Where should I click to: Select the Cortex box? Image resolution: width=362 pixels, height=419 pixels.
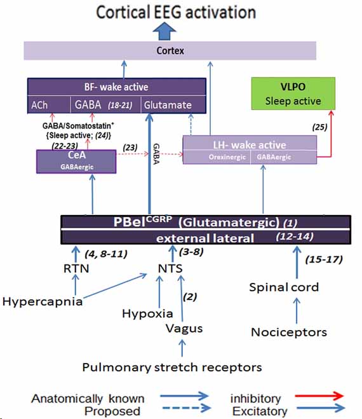click(170, 51)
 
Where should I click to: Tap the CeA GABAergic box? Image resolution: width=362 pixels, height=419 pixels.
click(77, 161)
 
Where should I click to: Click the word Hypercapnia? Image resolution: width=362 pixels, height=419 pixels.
click(43, 301)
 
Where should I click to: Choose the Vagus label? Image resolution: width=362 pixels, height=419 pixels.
click(184, 328)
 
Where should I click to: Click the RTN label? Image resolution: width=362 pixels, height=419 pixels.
click(76, 268)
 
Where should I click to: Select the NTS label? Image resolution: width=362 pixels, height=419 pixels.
click(171, 268)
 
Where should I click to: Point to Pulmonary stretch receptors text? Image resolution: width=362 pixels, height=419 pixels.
click(171, 367)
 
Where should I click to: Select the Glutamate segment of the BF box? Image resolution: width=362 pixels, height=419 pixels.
click(173, 104)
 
